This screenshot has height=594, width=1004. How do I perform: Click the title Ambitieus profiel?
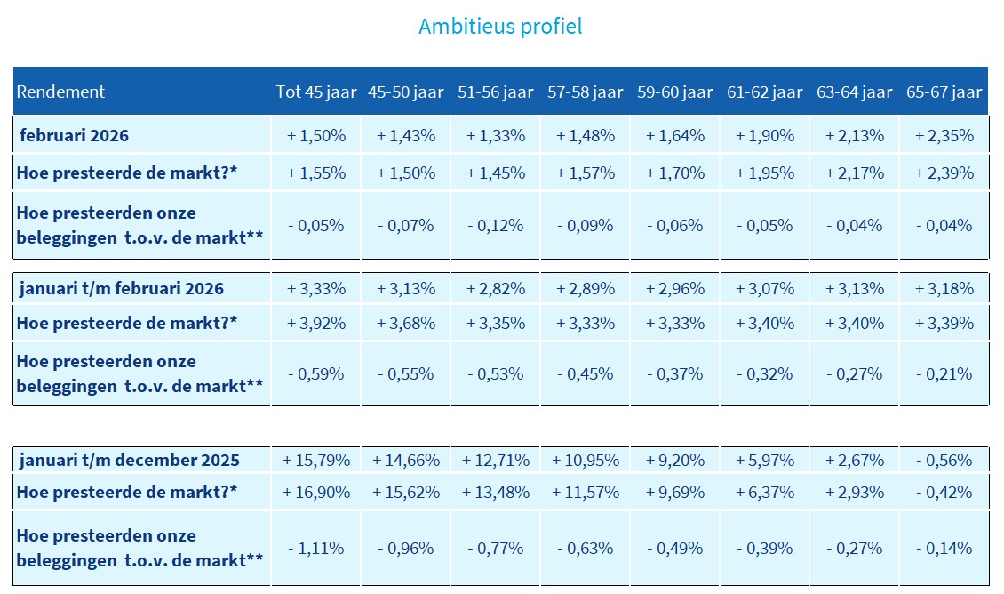pyautogui.click(x=500, y=26)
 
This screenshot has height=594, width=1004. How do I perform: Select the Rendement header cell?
pyautogui.click(x=60, y=92)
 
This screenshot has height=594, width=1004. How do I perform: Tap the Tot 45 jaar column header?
pyautogui.click(x=316, y=92)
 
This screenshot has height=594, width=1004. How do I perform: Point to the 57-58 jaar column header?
pyautogui.click(x=586, y=92)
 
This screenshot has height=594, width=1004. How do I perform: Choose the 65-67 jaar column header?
pyautogui.click(x=944, y=92)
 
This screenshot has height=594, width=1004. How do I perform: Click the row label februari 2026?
pyautogui.click(x=75, y=136)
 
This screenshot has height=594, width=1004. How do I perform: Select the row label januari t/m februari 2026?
pyautogui.click(x=122, y=288)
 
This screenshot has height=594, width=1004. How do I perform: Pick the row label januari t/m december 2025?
pyautogui.click(x=130, y=460)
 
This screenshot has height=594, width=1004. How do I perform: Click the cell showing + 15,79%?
pyautogui.click(x=316, y=461)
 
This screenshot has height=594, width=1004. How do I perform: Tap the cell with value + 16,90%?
pyautogui.click(x=316, y=492)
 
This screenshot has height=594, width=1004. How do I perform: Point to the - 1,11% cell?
pyautogui.click(x=316, y=548)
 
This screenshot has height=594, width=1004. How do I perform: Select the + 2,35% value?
pyautogui.click(x=944, y=136)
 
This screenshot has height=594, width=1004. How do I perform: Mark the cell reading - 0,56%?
pyautogui.click(x=944, y=461)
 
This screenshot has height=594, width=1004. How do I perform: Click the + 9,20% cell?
pyautogui.click(x=675, y=461)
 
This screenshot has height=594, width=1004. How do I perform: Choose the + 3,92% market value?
pyautogui.click(x=316, y=323)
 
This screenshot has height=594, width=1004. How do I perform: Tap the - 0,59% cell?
pyautogui.click(x=316, y=373)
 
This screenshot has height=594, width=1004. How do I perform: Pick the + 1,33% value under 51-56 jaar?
pyautogui.click(x=496, y=136)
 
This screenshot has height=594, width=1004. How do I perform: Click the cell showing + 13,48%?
pyautogui.click(x=496, y=492)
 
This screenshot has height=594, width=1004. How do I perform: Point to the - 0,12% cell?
pyautogui.click(x=496, y=225)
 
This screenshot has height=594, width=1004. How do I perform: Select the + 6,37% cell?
pyautogui.click(x=765, y=492)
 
